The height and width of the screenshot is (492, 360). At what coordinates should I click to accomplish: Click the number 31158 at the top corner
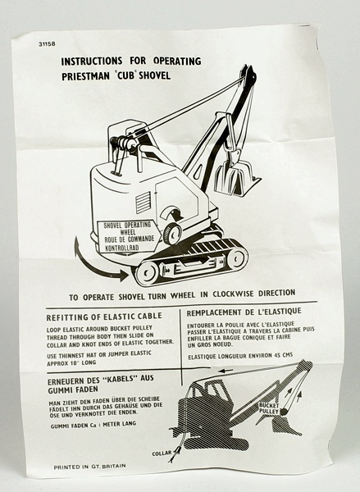tap(47, 44)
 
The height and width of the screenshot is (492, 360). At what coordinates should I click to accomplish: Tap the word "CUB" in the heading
tap(126, 75)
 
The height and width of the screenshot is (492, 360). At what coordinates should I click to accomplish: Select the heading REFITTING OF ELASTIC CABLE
tap(104, 317)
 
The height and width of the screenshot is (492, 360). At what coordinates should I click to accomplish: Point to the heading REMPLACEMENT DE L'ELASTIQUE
tap(244, 312)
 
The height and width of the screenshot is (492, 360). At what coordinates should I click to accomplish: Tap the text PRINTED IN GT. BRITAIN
tap(89, 467)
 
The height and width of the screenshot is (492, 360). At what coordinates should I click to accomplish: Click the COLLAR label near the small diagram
tap(162, 453)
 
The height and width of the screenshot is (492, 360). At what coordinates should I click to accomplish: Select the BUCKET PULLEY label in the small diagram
tap(269, 408)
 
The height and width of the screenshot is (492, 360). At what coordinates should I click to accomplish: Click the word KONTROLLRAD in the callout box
tap(122, 248)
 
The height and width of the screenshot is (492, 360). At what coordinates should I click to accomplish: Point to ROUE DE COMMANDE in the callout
tap(130, 239)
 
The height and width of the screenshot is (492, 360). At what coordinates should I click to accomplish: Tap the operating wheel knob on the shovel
tap(171, 233)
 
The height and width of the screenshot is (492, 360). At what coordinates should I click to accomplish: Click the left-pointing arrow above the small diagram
tap(226, 371)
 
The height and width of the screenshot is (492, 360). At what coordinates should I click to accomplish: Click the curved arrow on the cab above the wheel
tap(171, 213)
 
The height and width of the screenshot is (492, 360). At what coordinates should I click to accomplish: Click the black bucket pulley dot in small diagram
tap(283, 412)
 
